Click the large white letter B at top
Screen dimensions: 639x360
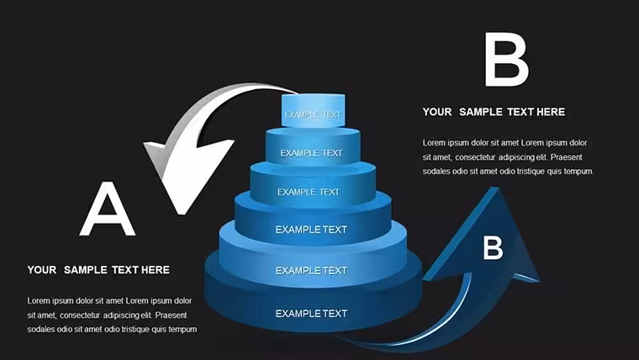[506, 60]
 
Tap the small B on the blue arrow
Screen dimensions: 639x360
[493, 247]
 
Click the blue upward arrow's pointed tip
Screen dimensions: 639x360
[495, 188]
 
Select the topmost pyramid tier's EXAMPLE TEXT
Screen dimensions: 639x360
[313, 114]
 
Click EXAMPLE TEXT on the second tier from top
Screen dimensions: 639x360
[311, 153]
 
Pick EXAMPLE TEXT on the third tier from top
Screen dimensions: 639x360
[309, 192]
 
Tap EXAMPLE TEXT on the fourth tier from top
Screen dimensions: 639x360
[311, 230]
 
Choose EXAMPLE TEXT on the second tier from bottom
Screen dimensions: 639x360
[311, 270]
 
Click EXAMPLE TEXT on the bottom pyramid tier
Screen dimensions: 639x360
[311, 313]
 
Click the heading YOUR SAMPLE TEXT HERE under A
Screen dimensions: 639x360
[98, 270]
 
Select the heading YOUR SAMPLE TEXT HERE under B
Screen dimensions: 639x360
[494, 112]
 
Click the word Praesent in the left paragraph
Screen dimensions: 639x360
[172, 315]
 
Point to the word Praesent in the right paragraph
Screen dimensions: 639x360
[567, 157]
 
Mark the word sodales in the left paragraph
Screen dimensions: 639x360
[40, 329]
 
